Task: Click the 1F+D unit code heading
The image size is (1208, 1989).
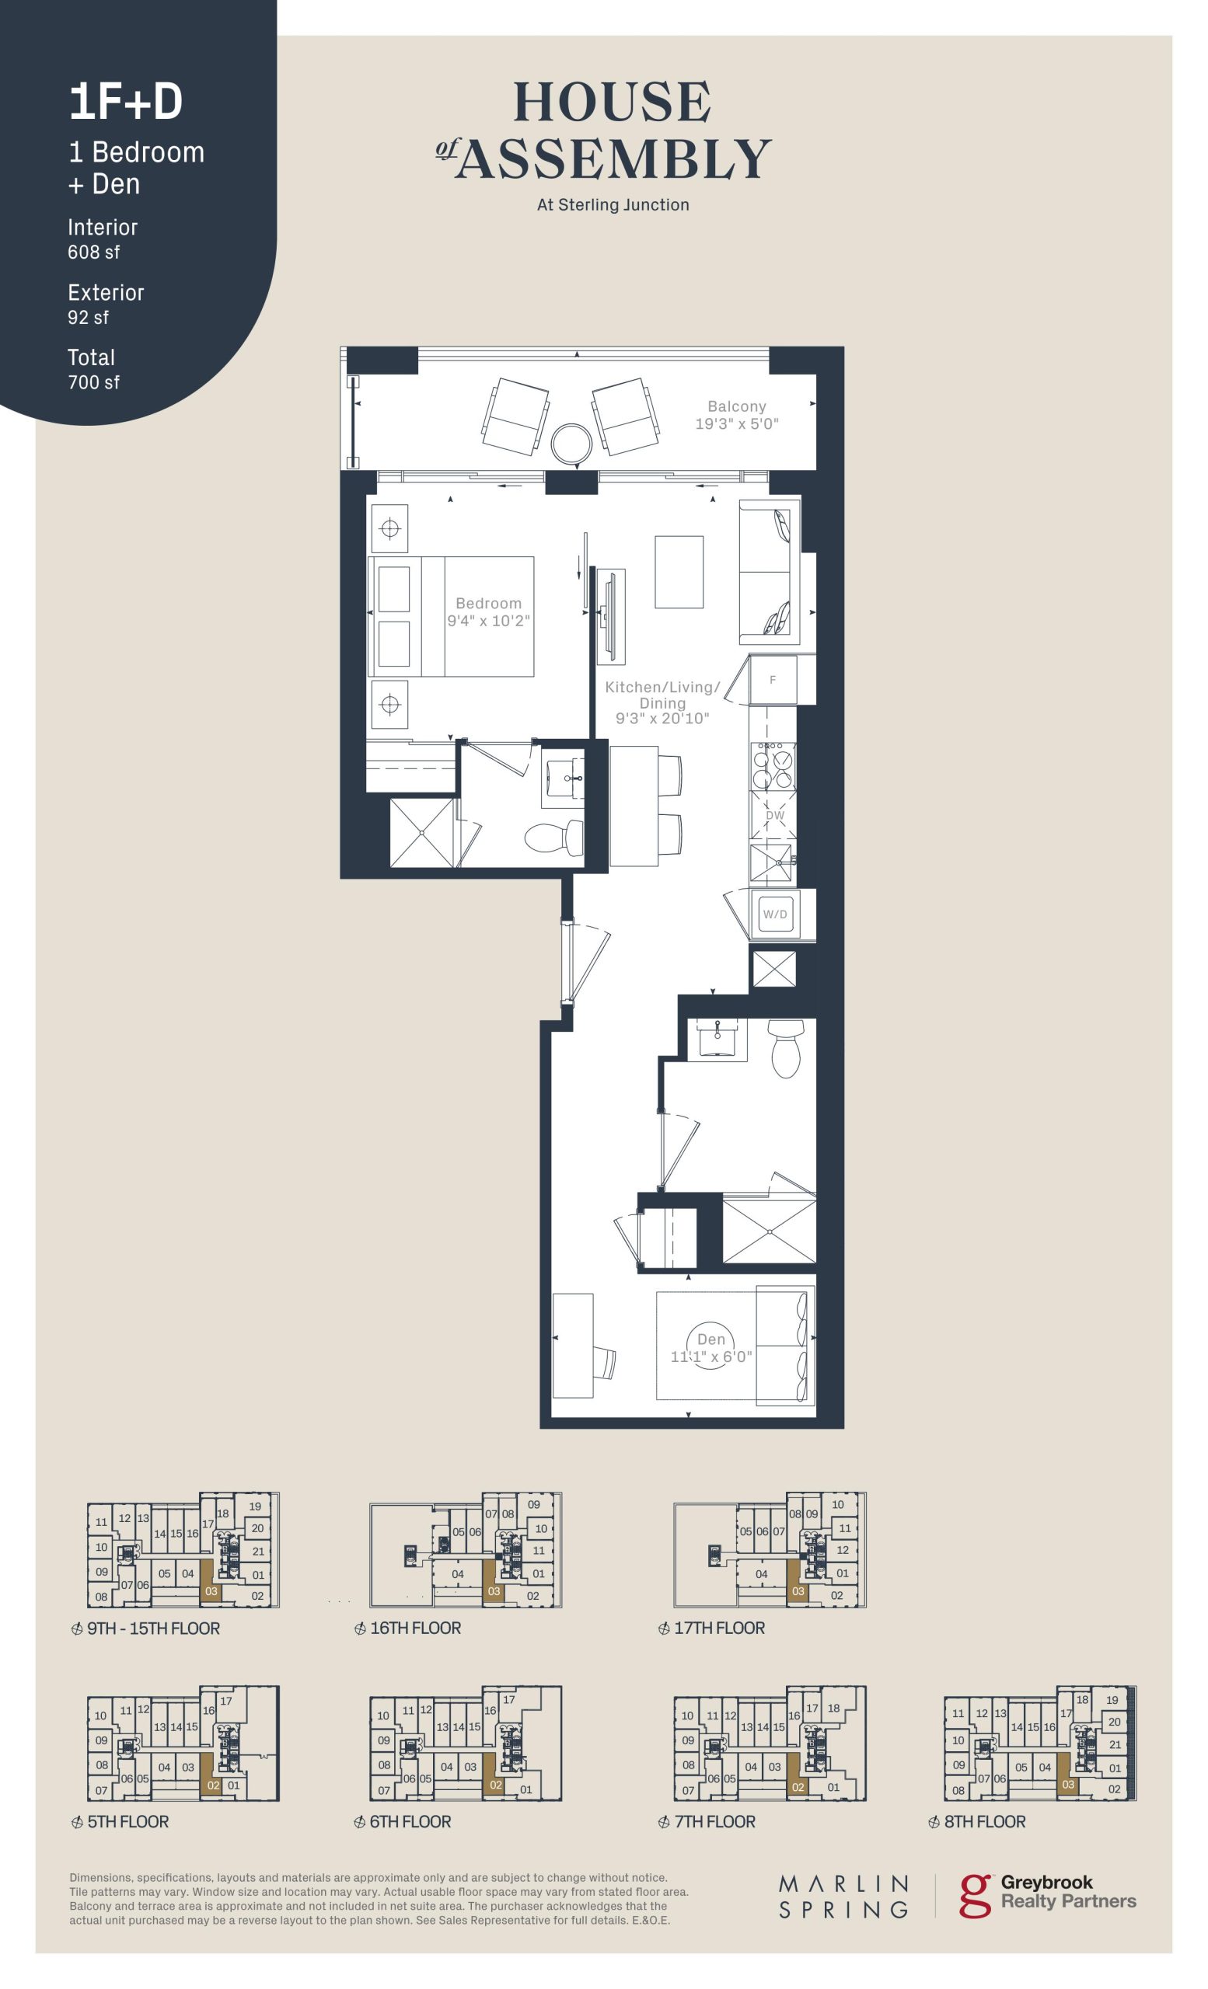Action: pyautogui.click(x=125, y=103)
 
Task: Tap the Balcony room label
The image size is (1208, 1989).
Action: pyautogui.click(x=736, y=406)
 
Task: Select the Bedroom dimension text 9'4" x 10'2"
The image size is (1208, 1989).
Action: pyautogui.click(x=488, y=620)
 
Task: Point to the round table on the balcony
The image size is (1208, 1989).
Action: pyautogui.click(x=571, y=442)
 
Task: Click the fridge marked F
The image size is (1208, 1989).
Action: pyautogui.click(x=773, y=680)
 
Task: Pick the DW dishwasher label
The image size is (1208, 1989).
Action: pyautogui.click(x=774, y=815)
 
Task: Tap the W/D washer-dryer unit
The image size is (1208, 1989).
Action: pyautogui.click(x=774, y=914)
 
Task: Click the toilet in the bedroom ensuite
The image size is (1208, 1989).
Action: pyautogui.click(x=554, y=838)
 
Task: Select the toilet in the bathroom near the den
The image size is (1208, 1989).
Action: pyautogui.click(x=786, y=1048)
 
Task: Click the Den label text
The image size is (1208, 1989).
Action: pyautogui.click(x=710, y=1339)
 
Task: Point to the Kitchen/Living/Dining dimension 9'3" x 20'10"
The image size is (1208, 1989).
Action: pyautogui.click(x=662, y=718)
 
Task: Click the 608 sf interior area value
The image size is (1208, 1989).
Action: pyautogui.click(x=93, y=252)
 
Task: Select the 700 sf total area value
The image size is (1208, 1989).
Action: pyautogui.click(x=93, y=381)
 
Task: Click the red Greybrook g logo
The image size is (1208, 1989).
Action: pyautogui.click(x=976, y=1895)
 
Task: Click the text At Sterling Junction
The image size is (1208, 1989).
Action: pyautogui.click(x=613, y=205)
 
